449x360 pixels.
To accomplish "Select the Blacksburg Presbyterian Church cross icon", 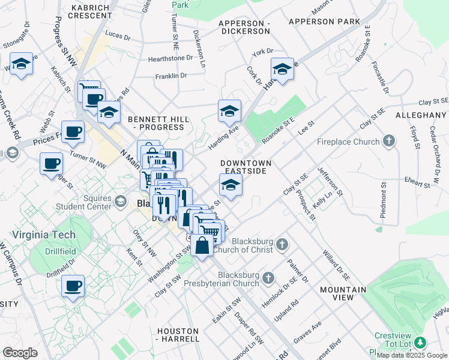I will coord(268,278).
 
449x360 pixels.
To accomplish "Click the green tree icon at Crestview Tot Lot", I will coord(421,342).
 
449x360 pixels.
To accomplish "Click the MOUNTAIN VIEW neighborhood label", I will coord(343,293).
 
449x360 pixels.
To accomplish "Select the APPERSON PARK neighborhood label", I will coord(324,22).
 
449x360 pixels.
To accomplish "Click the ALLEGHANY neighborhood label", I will coord(421,115).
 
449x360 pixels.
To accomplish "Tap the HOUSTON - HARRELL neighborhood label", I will coord(178,335).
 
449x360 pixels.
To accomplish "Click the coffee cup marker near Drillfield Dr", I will coord(73,286).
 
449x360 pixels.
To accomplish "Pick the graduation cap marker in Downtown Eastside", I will coord(230,185).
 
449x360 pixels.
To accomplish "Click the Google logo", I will coord(20,353).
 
